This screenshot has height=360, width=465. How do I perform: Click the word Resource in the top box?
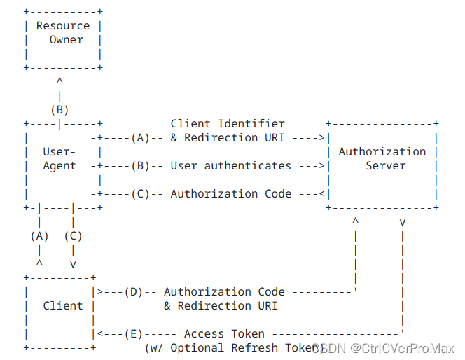pyautogui.click(x=63, y=26)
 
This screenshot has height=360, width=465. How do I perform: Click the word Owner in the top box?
pyautogui.click(x=66, y=40)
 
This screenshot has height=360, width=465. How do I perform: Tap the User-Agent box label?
pyautogui.click(x=60, y=159)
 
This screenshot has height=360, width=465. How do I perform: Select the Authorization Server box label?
pyautogui.click(x=382, y=159)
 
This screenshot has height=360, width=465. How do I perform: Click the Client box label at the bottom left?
pyautogui.click(x=63, y=306)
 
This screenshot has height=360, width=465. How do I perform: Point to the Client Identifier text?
pyautogui.click(x=228, y=124)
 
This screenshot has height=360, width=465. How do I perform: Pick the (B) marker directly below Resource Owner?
pyautogui.click(x=60, y=110)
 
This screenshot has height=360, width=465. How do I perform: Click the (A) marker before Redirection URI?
pyautogui.click(x=140, y=138)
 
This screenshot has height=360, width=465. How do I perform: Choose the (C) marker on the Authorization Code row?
pyautogui.click(x=140, y=194)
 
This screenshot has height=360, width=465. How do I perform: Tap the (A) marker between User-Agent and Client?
pyautogui.click(x=40, y=236)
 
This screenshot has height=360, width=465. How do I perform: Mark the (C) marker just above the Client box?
pyautogui.click(x=73, y=236)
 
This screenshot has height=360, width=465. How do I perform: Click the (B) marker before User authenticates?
pyautogui.click(x=140, y=166)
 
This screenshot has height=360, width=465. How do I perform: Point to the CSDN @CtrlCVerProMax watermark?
pyautogui.click(x=384, y=348)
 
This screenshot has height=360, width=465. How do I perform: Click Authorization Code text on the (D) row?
pyautogui.click(x=224, y=292)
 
